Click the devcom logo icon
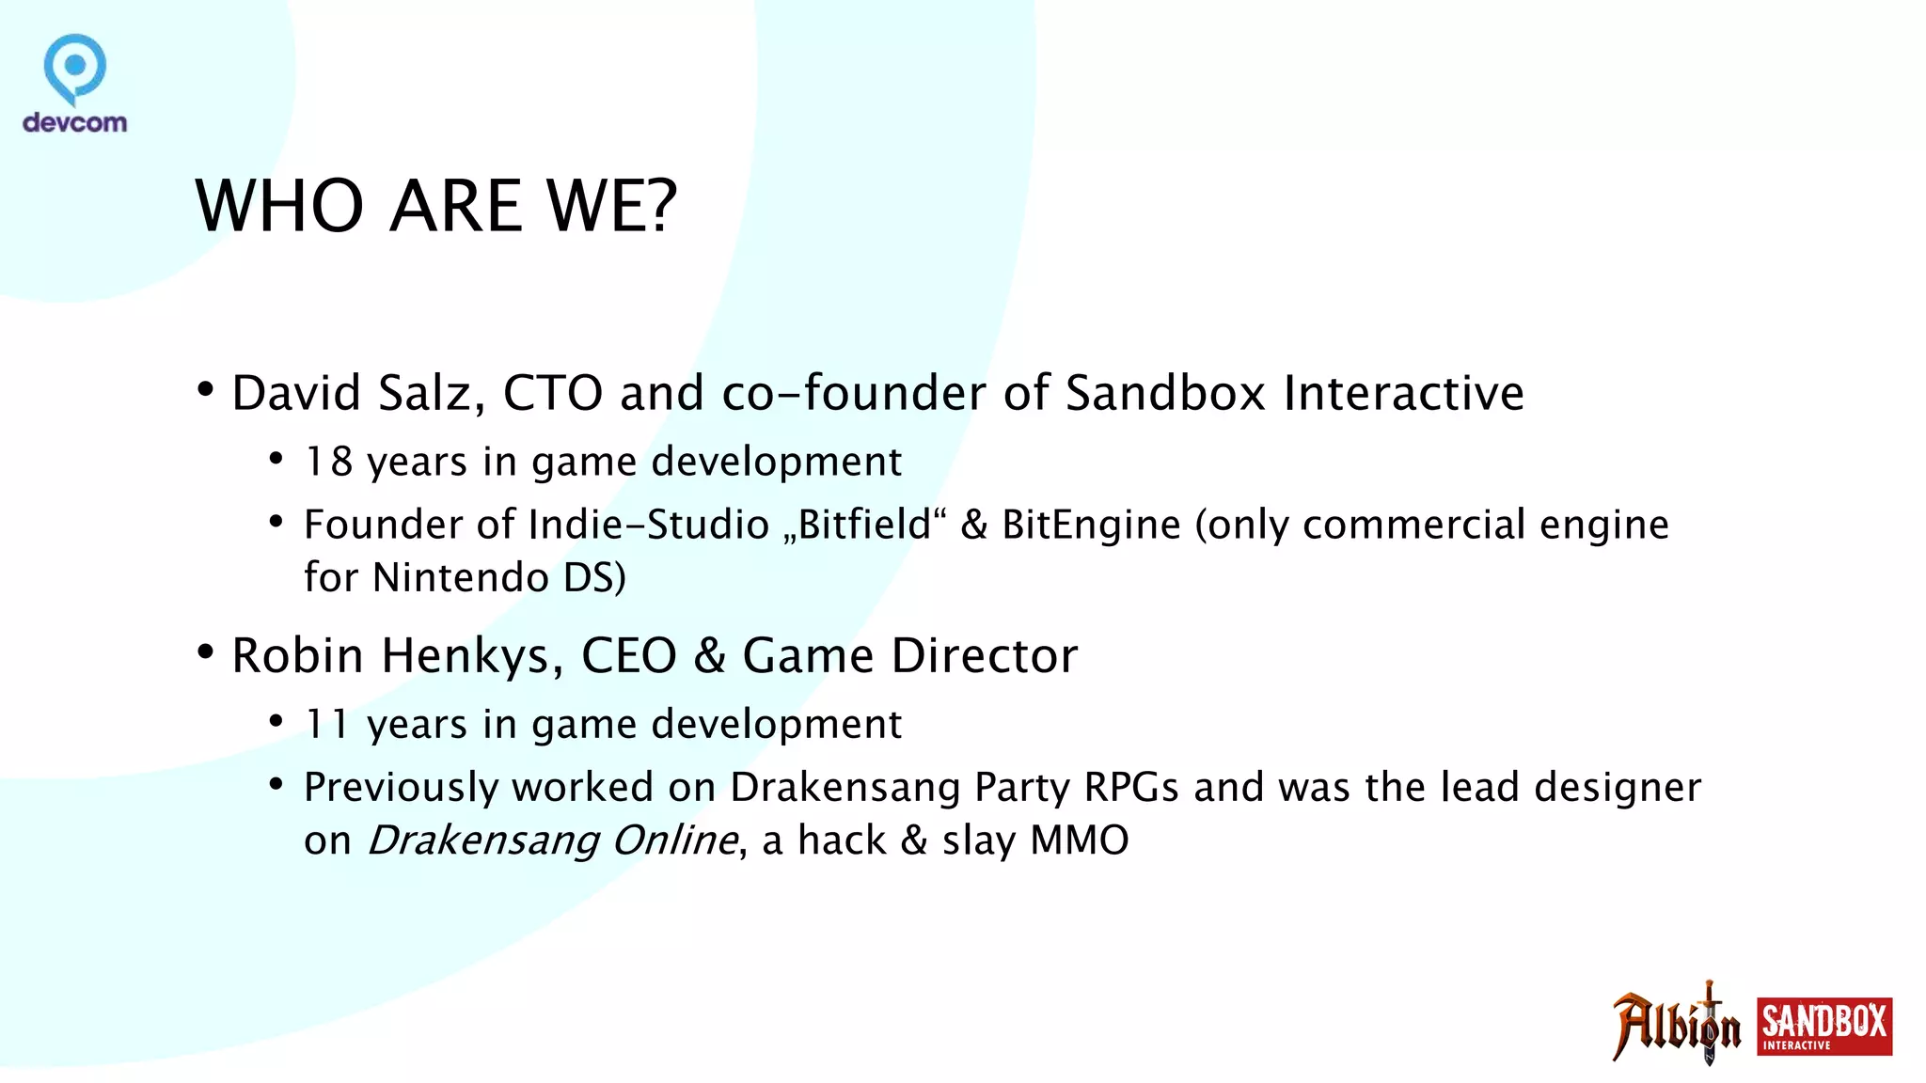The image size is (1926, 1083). pos(74,69)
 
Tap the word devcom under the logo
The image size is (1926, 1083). pos(74,122)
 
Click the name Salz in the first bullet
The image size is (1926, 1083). pos(431,393)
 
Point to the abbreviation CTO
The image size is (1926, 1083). pos(553,393)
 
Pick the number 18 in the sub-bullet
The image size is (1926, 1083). pos(328,462)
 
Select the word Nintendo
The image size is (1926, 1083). pos(461,577)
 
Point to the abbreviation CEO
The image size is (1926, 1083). pos(629,655)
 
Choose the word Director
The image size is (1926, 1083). pos(985,655)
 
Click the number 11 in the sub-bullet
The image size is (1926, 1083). pos(326,724)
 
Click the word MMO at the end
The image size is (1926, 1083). pos(1080,840)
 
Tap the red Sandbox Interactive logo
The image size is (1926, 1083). pos(1824,1027)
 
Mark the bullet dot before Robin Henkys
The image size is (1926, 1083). pos(206,651)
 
